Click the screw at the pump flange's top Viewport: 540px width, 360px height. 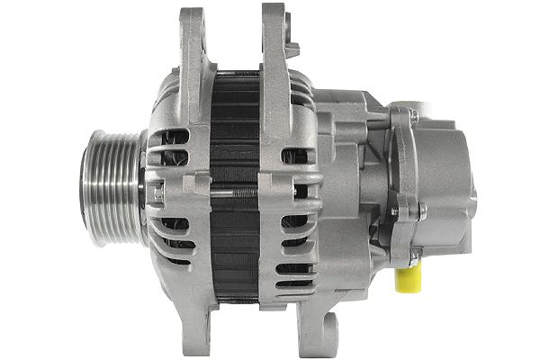click(x=413, y=114)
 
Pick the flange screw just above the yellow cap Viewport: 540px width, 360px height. click(x=413, y=256)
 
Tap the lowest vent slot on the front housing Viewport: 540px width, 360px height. click(x=176, y=261)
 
